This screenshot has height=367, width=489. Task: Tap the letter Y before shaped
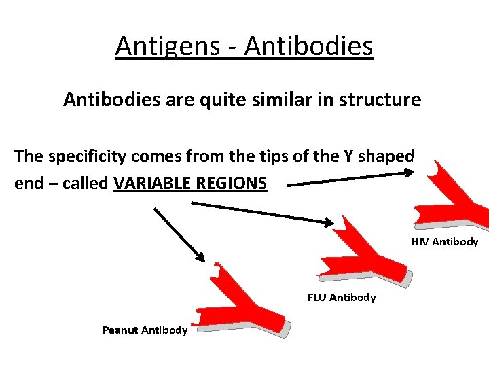(x=360, y=156)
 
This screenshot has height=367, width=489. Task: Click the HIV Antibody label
(x=444, y=242)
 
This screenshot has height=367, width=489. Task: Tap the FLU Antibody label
(x=341, y=298)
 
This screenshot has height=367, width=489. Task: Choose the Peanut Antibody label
(x=145, y=330)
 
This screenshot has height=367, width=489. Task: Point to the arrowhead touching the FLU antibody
(x=329, y=222)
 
